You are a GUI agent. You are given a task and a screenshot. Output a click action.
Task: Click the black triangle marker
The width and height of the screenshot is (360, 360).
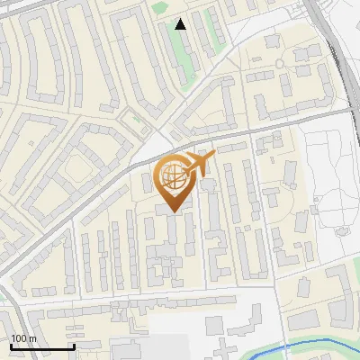pyautogui.click(x=181, y=24)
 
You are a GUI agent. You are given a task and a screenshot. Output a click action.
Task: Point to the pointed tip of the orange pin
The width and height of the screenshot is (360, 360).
pyautogui.click(x=174, y=213)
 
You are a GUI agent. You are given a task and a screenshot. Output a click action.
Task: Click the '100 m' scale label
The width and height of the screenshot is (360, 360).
pyautogui.click(x=23, y=338)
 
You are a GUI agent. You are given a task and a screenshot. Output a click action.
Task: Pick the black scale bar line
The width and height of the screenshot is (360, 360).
pyautogui.click(x=41, y=346)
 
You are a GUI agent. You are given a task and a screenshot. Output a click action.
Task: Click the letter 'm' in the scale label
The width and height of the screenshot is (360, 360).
pyautogui.click(x=32, y=338)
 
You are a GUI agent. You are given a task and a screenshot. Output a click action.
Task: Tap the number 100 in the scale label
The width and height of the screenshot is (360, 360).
pyautogui.click(x=19, y=338)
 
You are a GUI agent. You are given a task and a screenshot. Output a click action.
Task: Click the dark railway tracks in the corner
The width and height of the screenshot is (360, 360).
pyautogui.click(x=337, y=54)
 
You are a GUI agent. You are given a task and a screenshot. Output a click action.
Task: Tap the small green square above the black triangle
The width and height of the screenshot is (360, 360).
pyautogui.click(x=160, y=8)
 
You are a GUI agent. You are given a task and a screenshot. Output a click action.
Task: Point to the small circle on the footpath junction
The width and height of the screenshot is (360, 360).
pyautogui.click(x=280, y=63)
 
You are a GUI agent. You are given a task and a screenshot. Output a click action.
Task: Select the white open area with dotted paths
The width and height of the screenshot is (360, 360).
pyautogui.click(x=328, y=180)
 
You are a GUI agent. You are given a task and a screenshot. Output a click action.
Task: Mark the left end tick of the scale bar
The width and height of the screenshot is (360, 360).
pyautogui.click(x=11, y=346)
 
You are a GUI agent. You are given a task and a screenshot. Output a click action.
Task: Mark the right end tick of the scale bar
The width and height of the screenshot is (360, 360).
pyautogui.click(x=73, y=346)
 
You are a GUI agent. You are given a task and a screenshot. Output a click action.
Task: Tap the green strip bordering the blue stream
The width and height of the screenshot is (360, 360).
pyautogui.click(x=270, y=353)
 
